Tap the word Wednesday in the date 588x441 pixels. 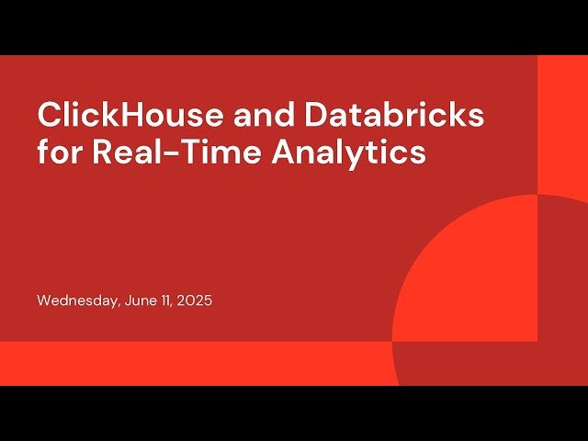pos(76,300)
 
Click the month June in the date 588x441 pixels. pos(140,300)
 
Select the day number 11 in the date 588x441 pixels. pos(167,300)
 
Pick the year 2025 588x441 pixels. pos(195,300)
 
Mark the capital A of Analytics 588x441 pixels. pos(284,152)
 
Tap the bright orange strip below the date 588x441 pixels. pos(184,363)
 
